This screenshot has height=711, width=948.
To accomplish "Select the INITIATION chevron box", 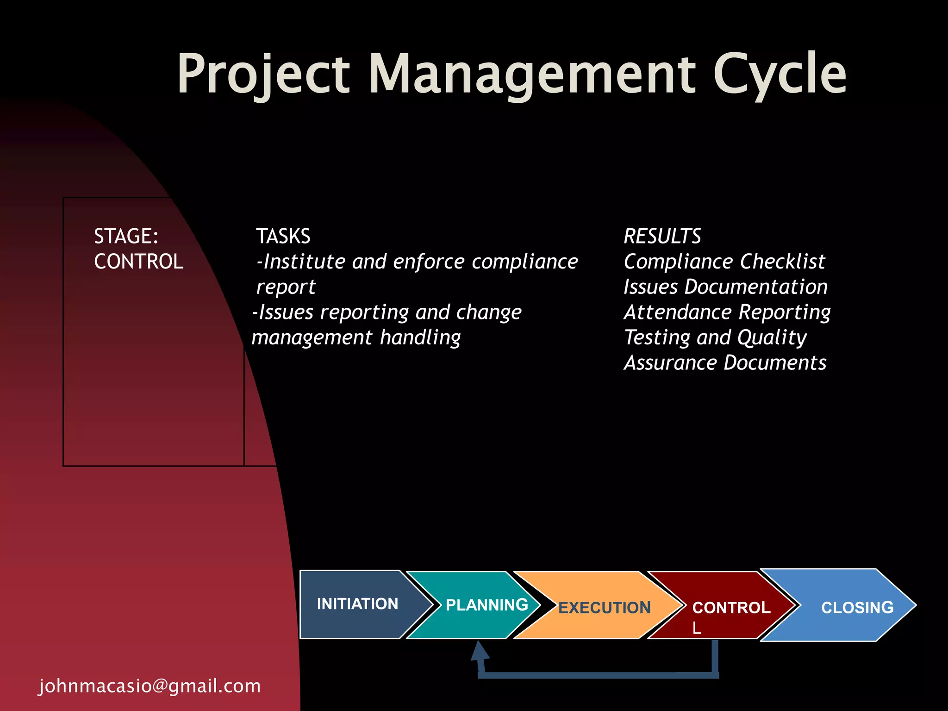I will (x=357, y=604).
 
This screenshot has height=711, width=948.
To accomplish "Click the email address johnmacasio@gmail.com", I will (x=150, y=686).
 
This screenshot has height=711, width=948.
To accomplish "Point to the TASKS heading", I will (x=283, y=236).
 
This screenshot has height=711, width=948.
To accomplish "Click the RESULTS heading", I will (x=662, y=236).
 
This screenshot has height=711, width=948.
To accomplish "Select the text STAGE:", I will (x=126, y=236).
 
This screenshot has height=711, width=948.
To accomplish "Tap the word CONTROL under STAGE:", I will (x=138, y=262).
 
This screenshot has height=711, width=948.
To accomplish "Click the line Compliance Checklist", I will (x=724, y=262).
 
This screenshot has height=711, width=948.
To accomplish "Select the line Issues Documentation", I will (x=725, y=287).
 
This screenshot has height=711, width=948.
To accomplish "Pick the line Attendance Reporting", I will (x=727, y=312).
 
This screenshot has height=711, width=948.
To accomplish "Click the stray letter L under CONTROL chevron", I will (x=697, y=628).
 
